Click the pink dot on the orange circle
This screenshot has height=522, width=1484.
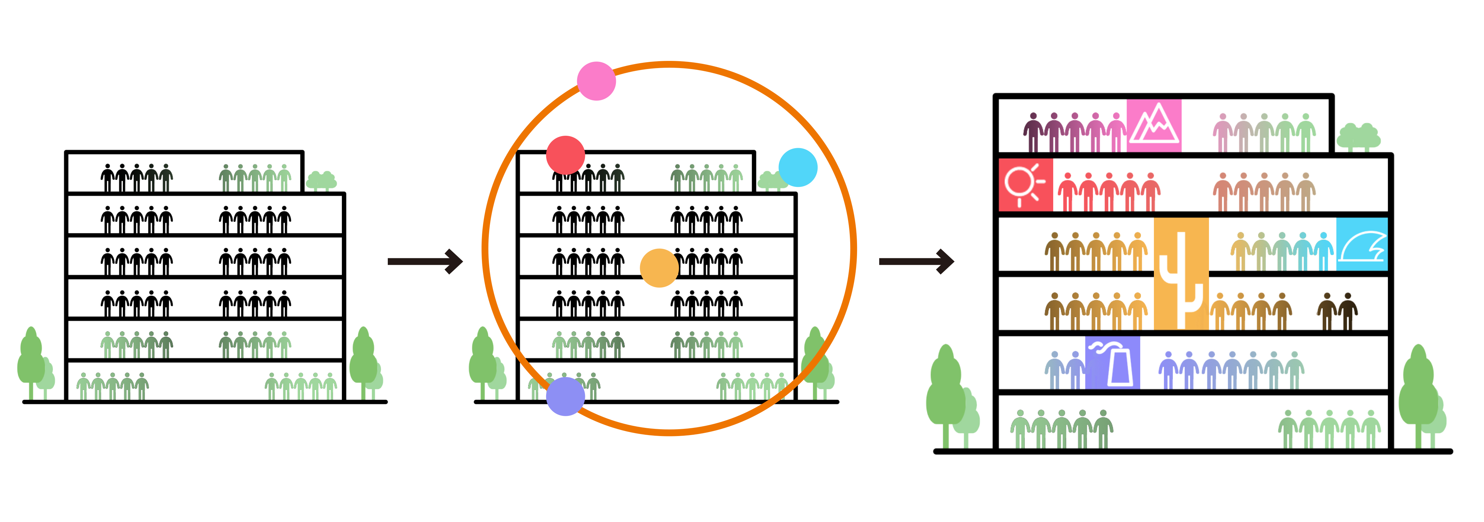coord(596,81)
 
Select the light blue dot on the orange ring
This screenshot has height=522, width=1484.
coord(798,167)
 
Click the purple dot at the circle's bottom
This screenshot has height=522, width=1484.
coord(565,397)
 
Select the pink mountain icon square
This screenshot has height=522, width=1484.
coord(1153,125)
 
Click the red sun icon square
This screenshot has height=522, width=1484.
coord(1026,185)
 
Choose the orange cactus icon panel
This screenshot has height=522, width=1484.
coord(1181,273)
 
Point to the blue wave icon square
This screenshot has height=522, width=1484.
coord(1361,245)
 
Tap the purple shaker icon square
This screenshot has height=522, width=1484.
coord(1112,362)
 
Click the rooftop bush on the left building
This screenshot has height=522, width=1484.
coord(321,181)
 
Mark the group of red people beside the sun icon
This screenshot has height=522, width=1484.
coord(1109,192)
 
